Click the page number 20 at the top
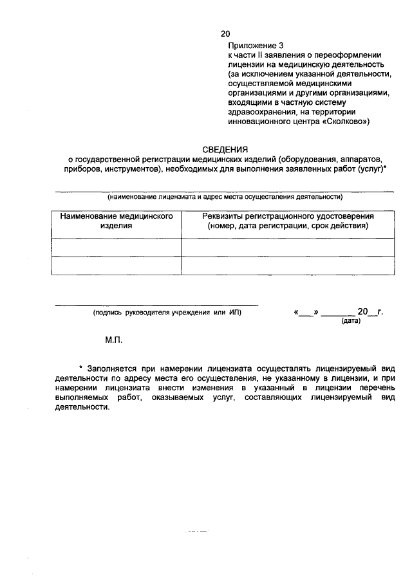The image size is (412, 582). [x=225, y=33]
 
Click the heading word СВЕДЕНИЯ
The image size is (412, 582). [x=224, y=149]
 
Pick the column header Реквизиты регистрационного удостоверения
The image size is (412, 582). [x=288, y=221]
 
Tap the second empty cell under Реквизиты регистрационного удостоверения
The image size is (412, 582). [x=288, y=266]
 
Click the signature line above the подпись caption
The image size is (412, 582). [x=156, y=305]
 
